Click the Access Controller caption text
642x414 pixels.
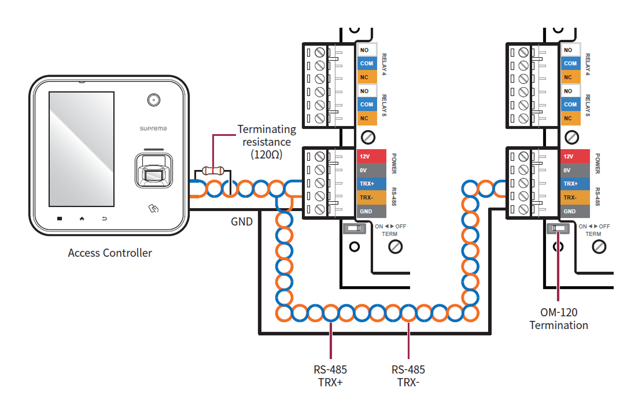[x=110, y=253]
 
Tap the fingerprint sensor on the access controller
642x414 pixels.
[x=154, y=172]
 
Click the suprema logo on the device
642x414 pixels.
[x=154, y=128]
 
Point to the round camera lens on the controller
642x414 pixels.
[x=153, y=100]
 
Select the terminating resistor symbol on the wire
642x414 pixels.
[x=213, y=171]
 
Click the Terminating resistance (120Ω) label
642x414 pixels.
[x=267, y=142]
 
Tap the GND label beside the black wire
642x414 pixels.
[x=242, y=221]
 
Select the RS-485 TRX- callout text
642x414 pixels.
[x=408, y=376]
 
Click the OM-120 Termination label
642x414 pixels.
[x=559, y=319]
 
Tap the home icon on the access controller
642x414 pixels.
[x=82, y=219]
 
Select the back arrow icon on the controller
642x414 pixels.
[x=105, y=219]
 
